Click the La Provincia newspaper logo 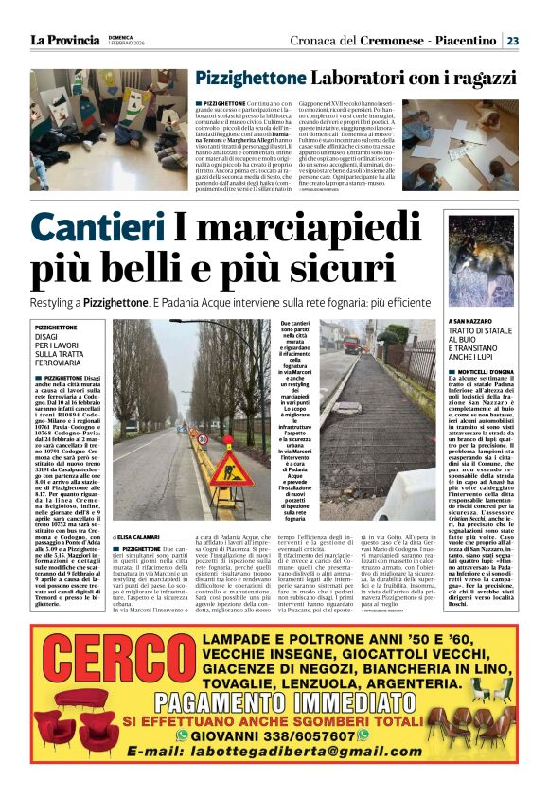(64, 40)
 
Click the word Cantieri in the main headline (97, 227)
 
